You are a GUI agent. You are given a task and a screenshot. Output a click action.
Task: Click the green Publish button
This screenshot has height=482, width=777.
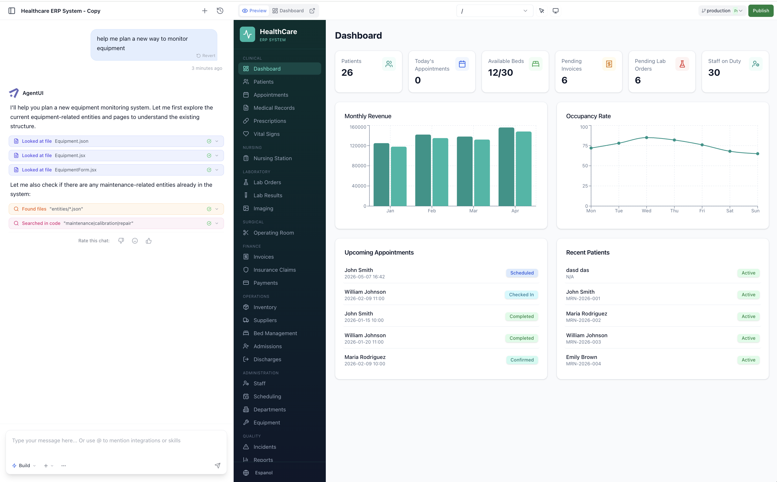[x=760, y=11]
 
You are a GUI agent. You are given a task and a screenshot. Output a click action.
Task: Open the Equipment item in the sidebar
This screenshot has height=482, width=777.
[x=266, y=422]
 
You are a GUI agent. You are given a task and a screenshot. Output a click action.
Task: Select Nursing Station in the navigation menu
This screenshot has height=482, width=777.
[x=272, y=158]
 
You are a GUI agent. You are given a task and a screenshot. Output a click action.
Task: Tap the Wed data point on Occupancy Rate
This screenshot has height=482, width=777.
[x=646, y=138]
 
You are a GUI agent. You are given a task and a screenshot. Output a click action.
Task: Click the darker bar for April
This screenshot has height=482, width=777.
[x=506, y=167]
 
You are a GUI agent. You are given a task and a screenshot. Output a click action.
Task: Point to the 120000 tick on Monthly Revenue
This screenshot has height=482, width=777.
[x=358, y=146]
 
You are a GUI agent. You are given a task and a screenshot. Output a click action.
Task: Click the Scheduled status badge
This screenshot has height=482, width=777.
[x=522, y=273]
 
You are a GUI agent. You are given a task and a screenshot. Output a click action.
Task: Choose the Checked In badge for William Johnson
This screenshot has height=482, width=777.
[x=521, y=294]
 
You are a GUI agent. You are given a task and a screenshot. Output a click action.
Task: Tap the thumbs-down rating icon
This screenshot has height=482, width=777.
[x=121, y=241]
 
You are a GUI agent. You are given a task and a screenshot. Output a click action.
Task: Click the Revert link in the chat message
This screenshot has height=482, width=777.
[x=206, y=56]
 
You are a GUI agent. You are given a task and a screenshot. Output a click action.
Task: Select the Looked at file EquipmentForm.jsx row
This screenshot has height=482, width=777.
[x=116, y=170]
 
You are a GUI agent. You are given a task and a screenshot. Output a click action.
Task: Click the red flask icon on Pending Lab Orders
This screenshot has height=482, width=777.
[x=682, y=64]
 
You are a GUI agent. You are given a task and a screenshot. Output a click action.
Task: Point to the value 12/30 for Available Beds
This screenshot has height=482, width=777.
[x=500, y=73]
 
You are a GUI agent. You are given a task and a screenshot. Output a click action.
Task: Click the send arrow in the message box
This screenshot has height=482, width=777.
[x=218, y=465]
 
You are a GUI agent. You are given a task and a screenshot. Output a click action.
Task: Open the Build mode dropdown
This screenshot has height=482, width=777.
[x=24, y=465]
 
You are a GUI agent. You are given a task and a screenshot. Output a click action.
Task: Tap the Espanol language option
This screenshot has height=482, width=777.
[x=263, y=473]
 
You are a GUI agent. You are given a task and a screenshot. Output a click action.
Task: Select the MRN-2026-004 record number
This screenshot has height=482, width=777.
[x=583, y=364]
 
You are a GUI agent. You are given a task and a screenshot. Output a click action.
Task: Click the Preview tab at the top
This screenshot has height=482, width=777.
[x=254, y=11]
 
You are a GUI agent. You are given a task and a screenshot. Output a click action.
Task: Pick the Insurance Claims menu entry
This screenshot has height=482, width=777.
[x=274, y=270]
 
